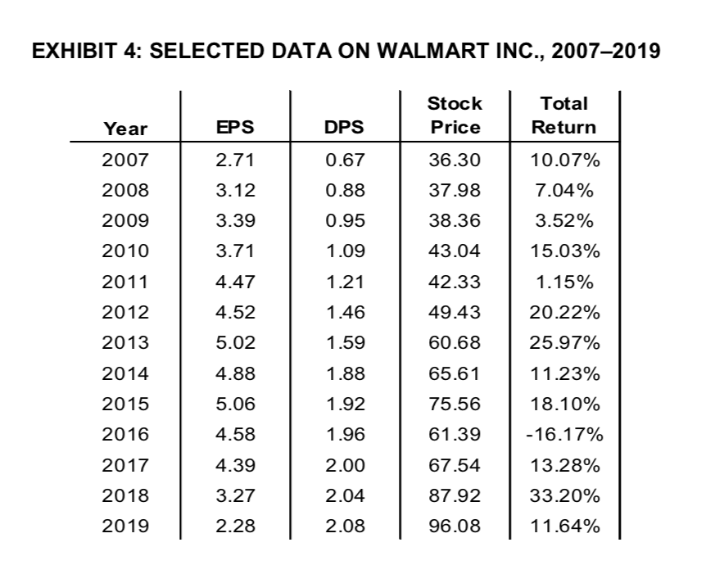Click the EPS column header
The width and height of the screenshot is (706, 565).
pyautogui.click(x=235, y=128)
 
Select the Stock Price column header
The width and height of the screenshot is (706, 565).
pyautogui.click(x=455, y=115)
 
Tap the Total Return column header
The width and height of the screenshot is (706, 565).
pyautogui.click(x=563, y=115)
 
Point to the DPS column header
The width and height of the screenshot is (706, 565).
pyautogui.click(x=344, y=128)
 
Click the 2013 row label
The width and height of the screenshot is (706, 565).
pyautogui.click(x=125, y=342)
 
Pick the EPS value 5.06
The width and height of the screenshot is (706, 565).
pyautogui.click(x=235, y=404)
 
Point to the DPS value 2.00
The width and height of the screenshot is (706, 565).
pyautogui.click(x=345, y=465)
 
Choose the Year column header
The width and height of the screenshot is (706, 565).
pyautogui.click(x=125, y=128)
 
